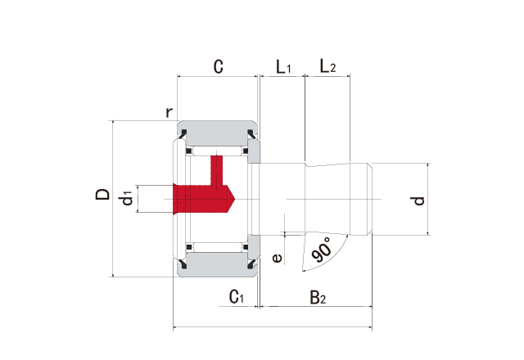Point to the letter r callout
pyautogui.click(x=169, y=112)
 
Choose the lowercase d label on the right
pyautogui.click(x=419, y=199)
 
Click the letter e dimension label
pyautogui.click(x=278, y=258)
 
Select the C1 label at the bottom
pyautogui.click(x=237, y=296)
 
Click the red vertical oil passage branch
pyautogui.click(x=217, y=169)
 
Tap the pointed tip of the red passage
pyautogui.click(x=234, y=197)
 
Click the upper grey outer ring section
pyautogui.click(x=217, y=132)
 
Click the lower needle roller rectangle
pyautogui.click(x=217, y=245)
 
